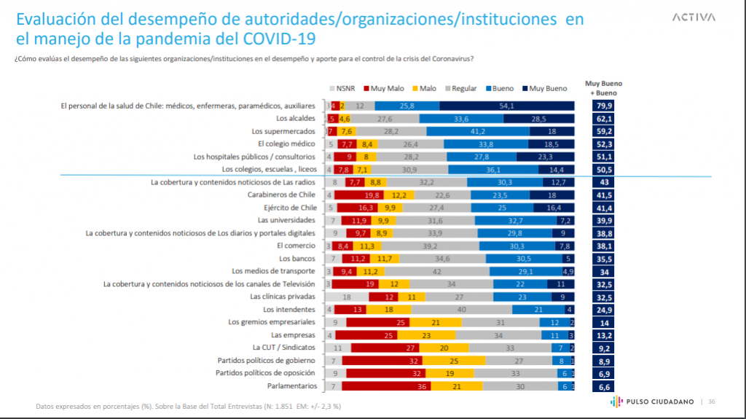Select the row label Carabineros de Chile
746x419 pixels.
(x=282, y=195)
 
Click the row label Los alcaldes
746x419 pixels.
(x=297, y=118)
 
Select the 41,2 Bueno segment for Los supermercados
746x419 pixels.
(x=478, y=131)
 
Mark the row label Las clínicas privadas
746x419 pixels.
(x=283, y=297)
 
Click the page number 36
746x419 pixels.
(x=712, y=402)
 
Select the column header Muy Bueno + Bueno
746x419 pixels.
(x=603, y=88)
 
